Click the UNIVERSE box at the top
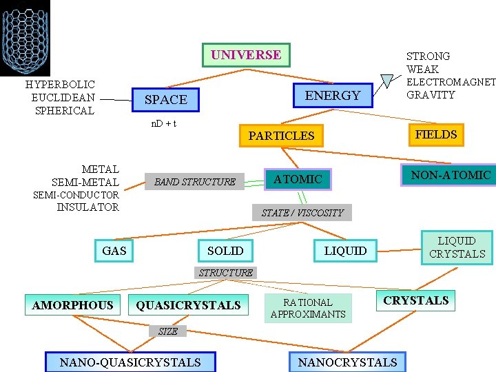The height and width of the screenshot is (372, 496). [x=246, y=55]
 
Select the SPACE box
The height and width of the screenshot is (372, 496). [x=165, y=100]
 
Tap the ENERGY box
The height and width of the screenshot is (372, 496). [x=333, y=96]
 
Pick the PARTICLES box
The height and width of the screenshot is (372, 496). [x=281, y=136]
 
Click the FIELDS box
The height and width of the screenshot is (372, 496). [x=435, y=134]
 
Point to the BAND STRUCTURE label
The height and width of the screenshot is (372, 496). [x=195, y=182]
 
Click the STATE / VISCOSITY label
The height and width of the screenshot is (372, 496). [x=302, y=212]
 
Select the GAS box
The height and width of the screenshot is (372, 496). [x=114, y=250]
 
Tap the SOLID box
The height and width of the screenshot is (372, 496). [x=225, y=250]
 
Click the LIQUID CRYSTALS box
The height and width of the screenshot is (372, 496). [x=457, y=247]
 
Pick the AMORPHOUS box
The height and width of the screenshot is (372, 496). [x=73, y=304]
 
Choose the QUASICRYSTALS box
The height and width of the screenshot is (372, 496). [x=189, y=304]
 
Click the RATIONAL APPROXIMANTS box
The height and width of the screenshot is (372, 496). [x=308, y=308]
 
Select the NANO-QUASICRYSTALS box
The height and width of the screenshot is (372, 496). [x=130, y=362]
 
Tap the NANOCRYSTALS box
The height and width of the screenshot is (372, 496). [x=347, y=362]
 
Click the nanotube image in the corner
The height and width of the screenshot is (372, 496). [x=25, y=37]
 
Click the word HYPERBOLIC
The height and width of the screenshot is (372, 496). [x=60, y=85]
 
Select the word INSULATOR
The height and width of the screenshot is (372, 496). [x=87, y=207]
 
